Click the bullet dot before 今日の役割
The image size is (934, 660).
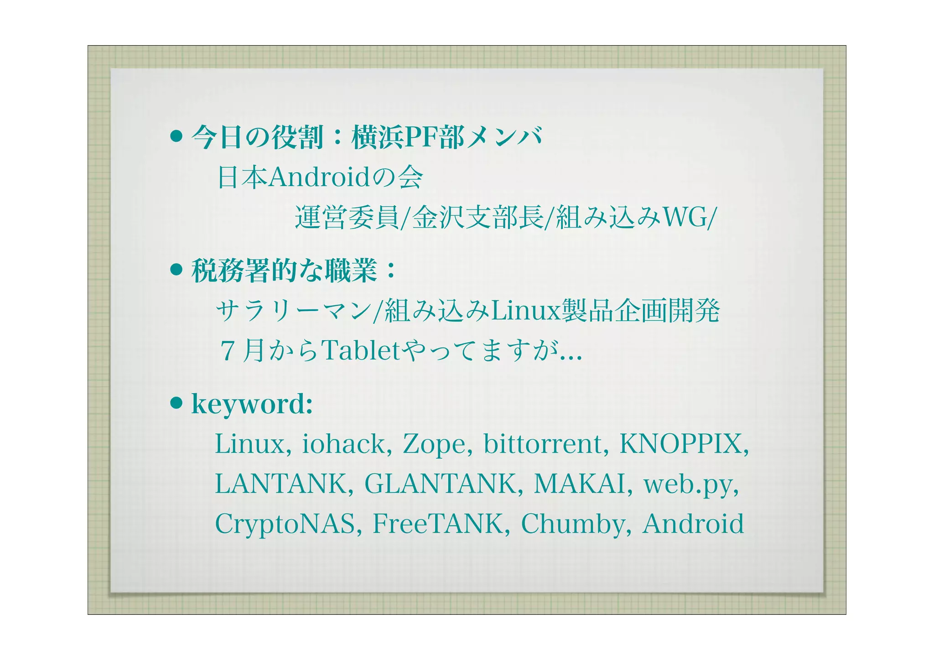pyautogui.click(x=176, y=136)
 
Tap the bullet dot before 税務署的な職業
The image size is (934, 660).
pyautogui.click(x=176, y=270)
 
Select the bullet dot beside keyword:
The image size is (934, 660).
pyautogui.click(x=176, y=403)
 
